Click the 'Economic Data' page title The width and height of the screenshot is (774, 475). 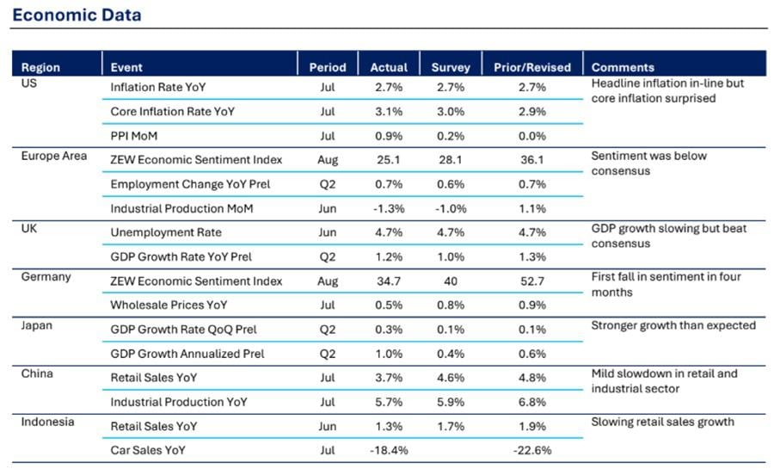(x=77, y=15)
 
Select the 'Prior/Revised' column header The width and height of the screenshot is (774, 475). (x=532, y=67)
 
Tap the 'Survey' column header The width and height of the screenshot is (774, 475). (x=451, y=67)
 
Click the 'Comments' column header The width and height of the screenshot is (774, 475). (x=623, y=67)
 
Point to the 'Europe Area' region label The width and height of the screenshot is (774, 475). (x=54, y=156)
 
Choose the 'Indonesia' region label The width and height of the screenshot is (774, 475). (x=47, y=422)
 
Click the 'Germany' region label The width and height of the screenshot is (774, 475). (x=46, y=277)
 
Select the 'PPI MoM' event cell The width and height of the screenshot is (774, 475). (x=134, y=136)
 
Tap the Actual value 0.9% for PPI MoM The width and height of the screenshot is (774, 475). (x=389, y=136)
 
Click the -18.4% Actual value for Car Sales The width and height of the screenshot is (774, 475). (x=389, y=450)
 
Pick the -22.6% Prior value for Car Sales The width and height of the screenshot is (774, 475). (x=532, y=450)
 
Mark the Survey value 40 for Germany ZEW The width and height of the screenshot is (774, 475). (x=451, y=281)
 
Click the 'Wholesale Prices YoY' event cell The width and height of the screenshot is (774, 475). (x=169, y=305)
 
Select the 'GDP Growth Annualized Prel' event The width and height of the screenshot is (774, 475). (x=187, y=354)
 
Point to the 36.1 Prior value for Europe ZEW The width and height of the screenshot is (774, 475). (x=532, y=160)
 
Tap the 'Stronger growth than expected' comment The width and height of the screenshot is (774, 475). (x=673, y=325)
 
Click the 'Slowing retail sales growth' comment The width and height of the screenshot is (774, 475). (x=662, y=422)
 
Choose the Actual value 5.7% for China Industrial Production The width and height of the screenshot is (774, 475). (x=389, y=402)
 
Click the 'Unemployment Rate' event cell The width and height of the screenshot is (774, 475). (x=166, y=232)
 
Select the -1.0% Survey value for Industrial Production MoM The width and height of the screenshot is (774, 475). (x=451, y=208)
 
